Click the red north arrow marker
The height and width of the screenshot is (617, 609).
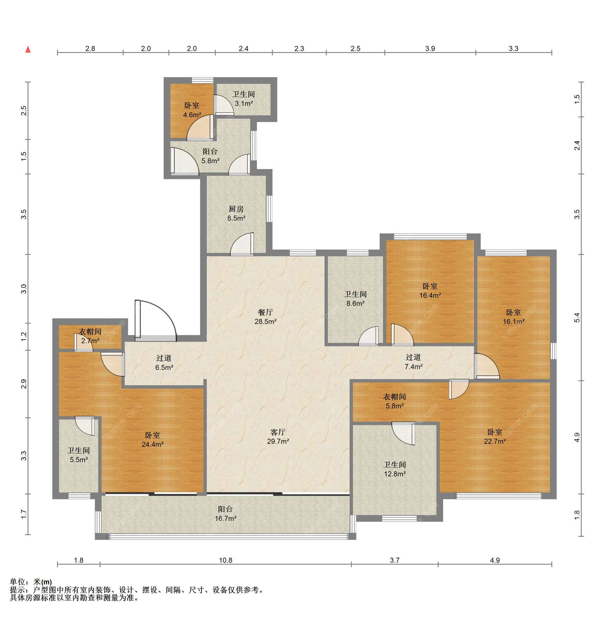pyautogui.click(x=28, y=49)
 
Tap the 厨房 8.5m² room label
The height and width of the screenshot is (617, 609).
pyautogui.click(x=236, y=213)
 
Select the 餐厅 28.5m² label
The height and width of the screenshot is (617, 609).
pyautogui.click(x=265, y=317)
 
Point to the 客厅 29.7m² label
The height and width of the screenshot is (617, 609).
pyautogui.click(x=278, y=436)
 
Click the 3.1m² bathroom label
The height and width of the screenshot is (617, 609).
pyautogui.click(x=244, y=99)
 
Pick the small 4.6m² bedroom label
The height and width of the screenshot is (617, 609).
pyautogui.click(x=192, y=110)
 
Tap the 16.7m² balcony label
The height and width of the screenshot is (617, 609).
pyautogui.click(x=225, y=514)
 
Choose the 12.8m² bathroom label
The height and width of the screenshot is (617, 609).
pyautogui.click(x=395, y=469)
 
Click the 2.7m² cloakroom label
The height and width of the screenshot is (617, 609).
pyautogui.click(x=90, y=336)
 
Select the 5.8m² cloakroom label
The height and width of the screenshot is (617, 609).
pyautogui.click(x=395, y=401)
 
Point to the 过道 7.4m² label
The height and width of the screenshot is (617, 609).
pyautogui.click(x=413, y=362)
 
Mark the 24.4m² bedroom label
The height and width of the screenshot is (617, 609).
pyautogui.click(x=153, y=440)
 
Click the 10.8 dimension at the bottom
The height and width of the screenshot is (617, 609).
pyautogui.click(x=225, y=560)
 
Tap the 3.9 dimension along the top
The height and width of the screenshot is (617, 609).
pyautogui.click(x=430, y=49)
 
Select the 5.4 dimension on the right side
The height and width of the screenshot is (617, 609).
pyautogui.click(x=577, y=317)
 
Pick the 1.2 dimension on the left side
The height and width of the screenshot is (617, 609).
pyautogui.click(x=24, y=336)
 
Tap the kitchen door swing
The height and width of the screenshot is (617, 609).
pyautogui.click(x=242, y=244)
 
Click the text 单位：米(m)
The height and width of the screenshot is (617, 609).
pyautogui.click(x=31, y=582)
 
